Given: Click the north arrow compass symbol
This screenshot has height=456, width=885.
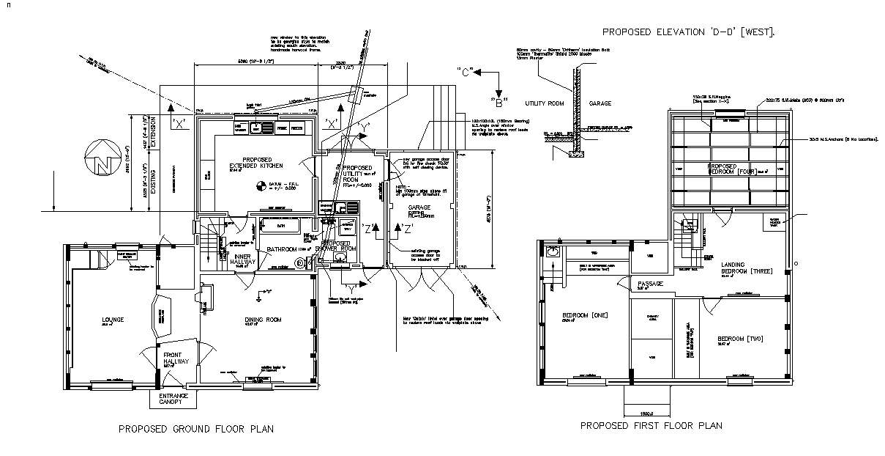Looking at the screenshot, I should coord(98,159).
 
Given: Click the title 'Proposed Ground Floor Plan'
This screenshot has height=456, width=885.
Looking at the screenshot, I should coord(196,429).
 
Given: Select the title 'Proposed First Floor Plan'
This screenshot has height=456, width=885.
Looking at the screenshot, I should coord(651,425).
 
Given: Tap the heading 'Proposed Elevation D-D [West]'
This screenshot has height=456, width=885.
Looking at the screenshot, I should coord(687,32).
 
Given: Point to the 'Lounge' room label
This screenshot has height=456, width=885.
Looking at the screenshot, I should coord(113,320).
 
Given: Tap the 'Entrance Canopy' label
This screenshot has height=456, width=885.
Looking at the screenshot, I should coord(173,399).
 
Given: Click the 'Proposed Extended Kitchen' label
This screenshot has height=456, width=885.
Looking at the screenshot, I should coord(258,163).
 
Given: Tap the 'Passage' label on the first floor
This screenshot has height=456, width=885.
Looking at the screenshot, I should coord(650,284).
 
